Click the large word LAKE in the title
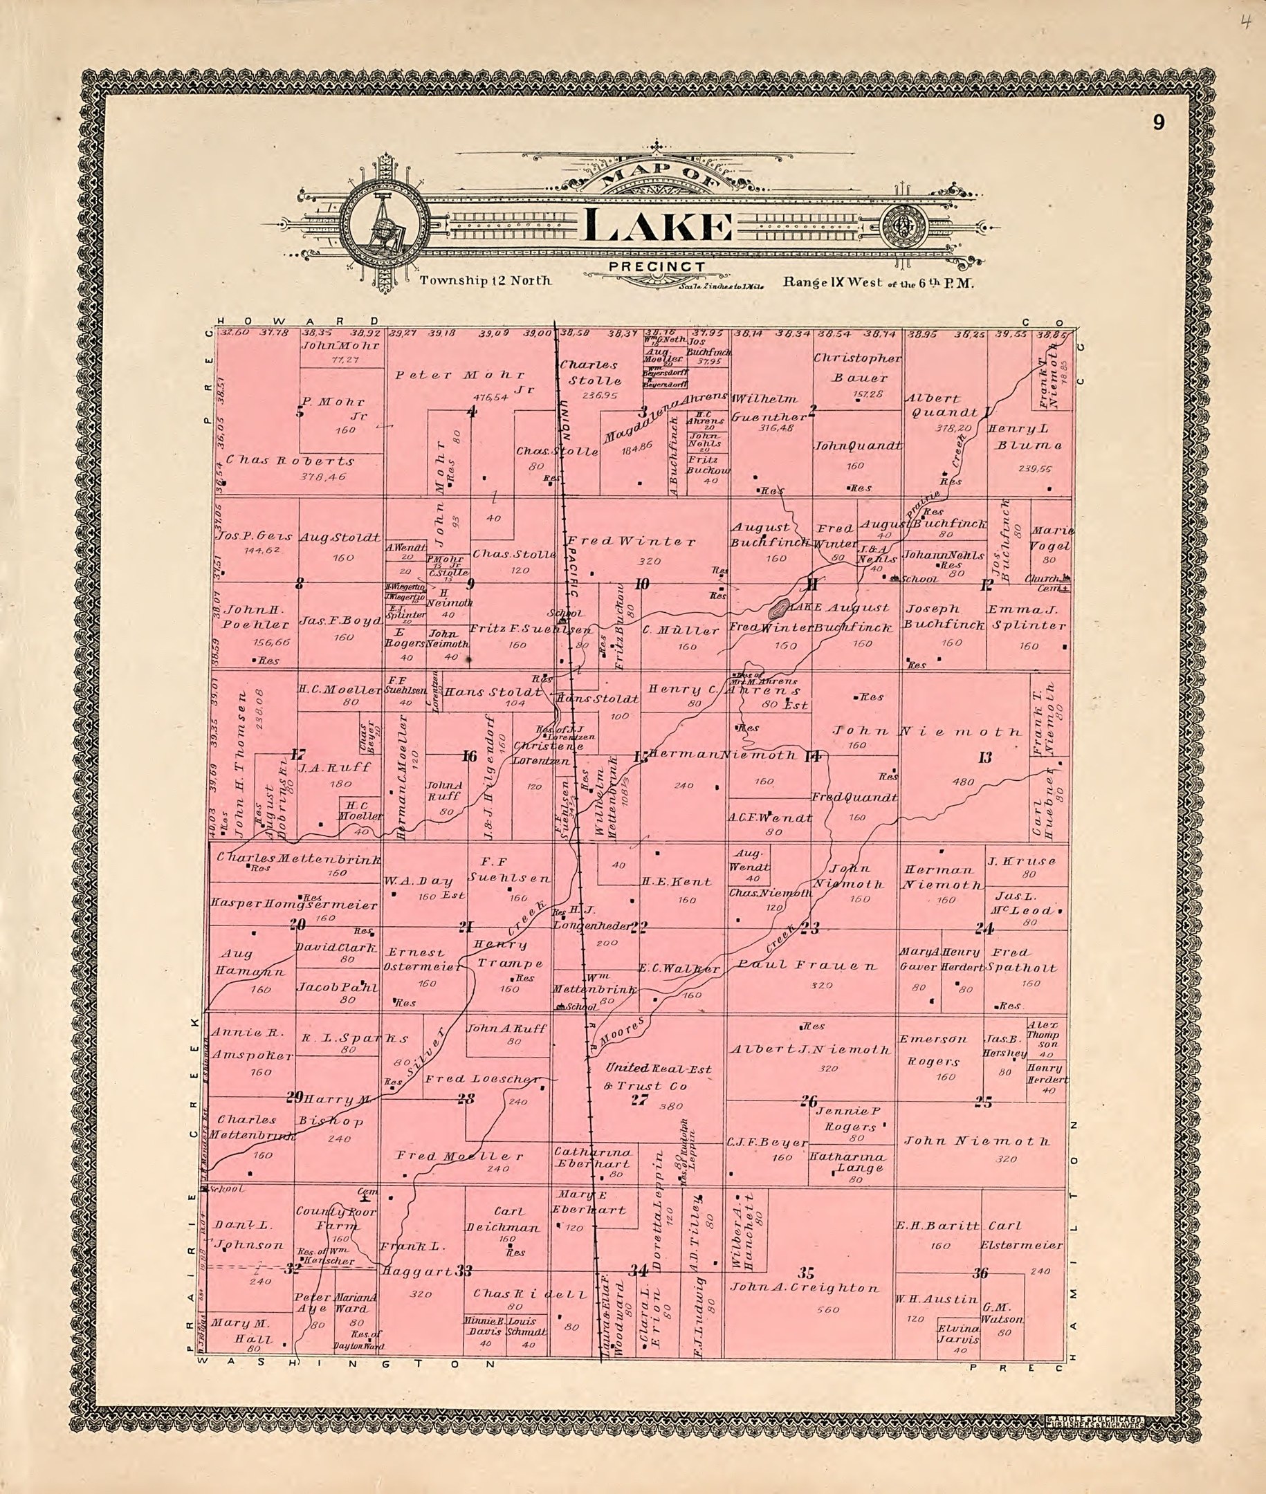[659, 226]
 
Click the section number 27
[639, 1099]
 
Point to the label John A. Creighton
[804, 1287]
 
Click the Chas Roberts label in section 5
[290, 461]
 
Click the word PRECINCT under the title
[656, 267]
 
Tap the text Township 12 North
[485, 281]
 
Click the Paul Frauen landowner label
[807, 966]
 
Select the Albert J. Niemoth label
[810, 1050]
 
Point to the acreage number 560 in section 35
[827, 1309]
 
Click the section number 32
[291, 1269]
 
